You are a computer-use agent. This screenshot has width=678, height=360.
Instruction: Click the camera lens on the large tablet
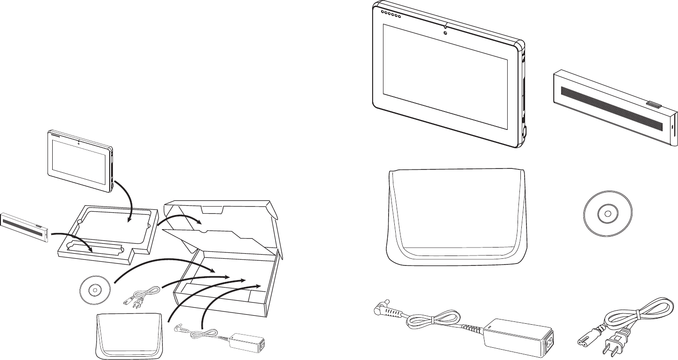pyautogui.click(x=444, y=32)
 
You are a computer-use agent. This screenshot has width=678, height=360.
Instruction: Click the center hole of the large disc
pyautogui.click(x=604, y=215)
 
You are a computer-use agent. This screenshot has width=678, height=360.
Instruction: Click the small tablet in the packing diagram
pyautogui.click(x=80, y=160)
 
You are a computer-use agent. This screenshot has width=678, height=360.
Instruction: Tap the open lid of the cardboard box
pyautogui.click(x=221, y=214)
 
